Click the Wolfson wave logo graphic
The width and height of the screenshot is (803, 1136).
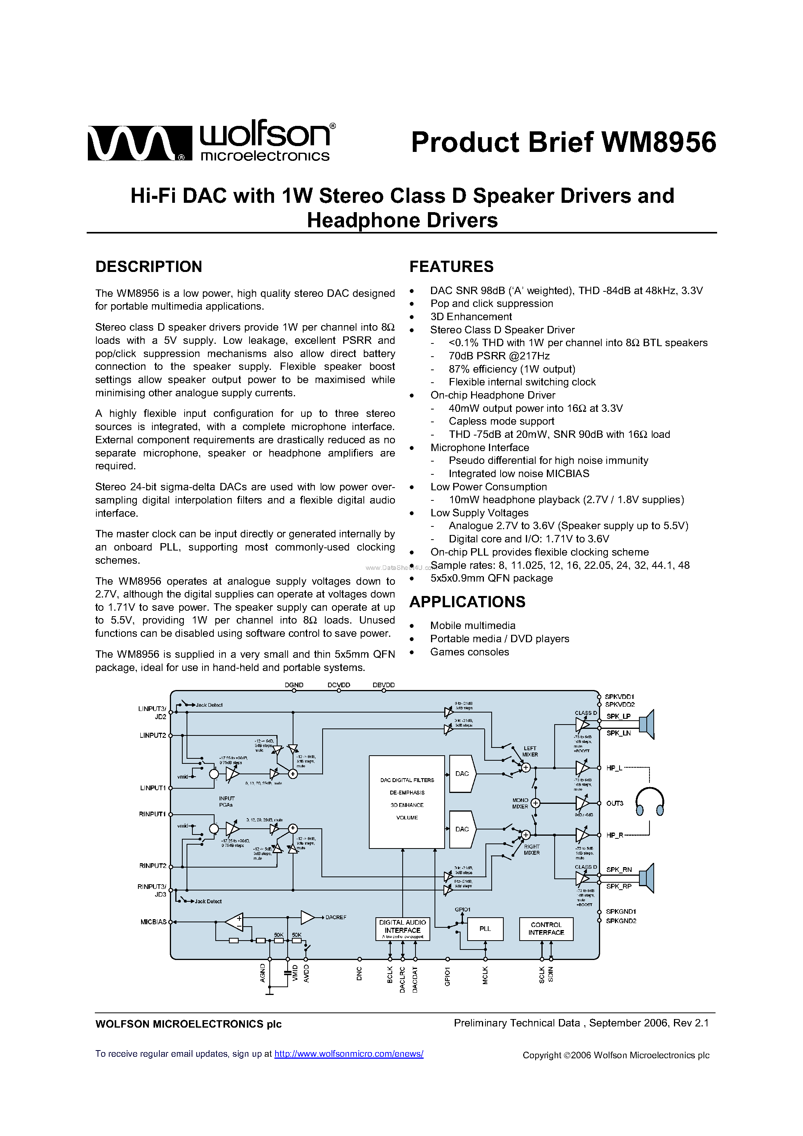point(139,143)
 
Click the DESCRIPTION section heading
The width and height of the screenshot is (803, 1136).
point(148,267)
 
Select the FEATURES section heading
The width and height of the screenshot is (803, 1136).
point(451,267)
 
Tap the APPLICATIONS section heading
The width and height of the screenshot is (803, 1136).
point(467,602)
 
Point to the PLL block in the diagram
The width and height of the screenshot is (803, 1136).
point(485,929)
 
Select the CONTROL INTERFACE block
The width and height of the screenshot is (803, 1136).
point(546,929)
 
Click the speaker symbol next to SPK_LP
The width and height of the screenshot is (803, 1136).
point(646,724)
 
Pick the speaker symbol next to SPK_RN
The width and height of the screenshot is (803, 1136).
point(646,878)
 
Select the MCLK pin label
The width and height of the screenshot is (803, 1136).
point(485,975)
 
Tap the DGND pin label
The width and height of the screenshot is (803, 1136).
point(294,685)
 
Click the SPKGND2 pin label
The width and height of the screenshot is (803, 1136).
point(621,921)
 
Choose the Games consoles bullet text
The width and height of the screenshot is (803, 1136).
point(470,652)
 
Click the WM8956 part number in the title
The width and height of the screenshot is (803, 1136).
point(658,143)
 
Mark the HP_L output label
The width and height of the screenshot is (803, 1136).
point(614,768)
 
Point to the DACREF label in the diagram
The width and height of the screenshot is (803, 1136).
point(336,917)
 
